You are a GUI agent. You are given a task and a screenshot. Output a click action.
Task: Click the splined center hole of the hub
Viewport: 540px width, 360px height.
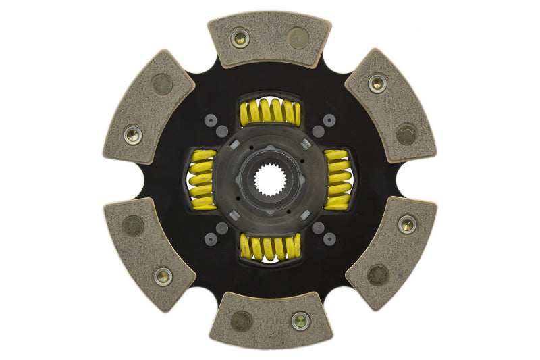click(x=270, y=180)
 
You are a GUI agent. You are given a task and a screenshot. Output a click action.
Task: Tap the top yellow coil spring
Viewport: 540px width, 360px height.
click(x=270, y=112)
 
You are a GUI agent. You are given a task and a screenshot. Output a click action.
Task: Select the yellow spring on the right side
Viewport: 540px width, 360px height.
click(x=337, y=180)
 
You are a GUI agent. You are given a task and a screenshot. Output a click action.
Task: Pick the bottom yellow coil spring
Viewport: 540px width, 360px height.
click(x=270, y=247)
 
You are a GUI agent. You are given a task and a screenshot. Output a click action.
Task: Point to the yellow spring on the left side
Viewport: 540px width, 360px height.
click(x=202, y=180)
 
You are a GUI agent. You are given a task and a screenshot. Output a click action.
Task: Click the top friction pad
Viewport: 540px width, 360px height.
click(x=269, y=39)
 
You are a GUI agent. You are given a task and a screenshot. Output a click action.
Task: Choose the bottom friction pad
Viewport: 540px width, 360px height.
click(x=270, y=321)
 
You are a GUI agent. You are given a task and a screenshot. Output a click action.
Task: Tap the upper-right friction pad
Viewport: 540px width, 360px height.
click(x=390, y=106)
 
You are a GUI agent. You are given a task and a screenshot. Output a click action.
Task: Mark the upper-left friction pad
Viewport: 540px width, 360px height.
click(x=148, y=106)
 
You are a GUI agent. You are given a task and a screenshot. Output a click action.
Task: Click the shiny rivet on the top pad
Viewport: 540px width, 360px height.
click(x=240, y=38)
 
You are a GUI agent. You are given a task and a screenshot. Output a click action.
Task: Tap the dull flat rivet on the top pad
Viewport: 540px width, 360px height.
click(x=298, y=38)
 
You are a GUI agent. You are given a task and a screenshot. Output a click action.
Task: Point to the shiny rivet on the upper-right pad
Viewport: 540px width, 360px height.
click(x=377, y=84)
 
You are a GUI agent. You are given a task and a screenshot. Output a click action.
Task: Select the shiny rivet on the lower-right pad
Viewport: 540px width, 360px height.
click(x=407, y=224)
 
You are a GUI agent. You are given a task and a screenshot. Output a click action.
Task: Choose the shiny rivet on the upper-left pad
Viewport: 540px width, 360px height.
click(x=133, y=135)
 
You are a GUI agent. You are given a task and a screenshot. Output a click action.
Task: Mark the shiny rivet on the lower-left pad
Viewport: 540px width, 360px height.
click(x=163, y=276)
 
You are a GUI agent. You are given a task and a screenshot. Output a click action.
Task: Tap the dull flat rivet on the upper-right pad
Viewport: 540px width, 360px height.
click(x=406, y=134)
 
